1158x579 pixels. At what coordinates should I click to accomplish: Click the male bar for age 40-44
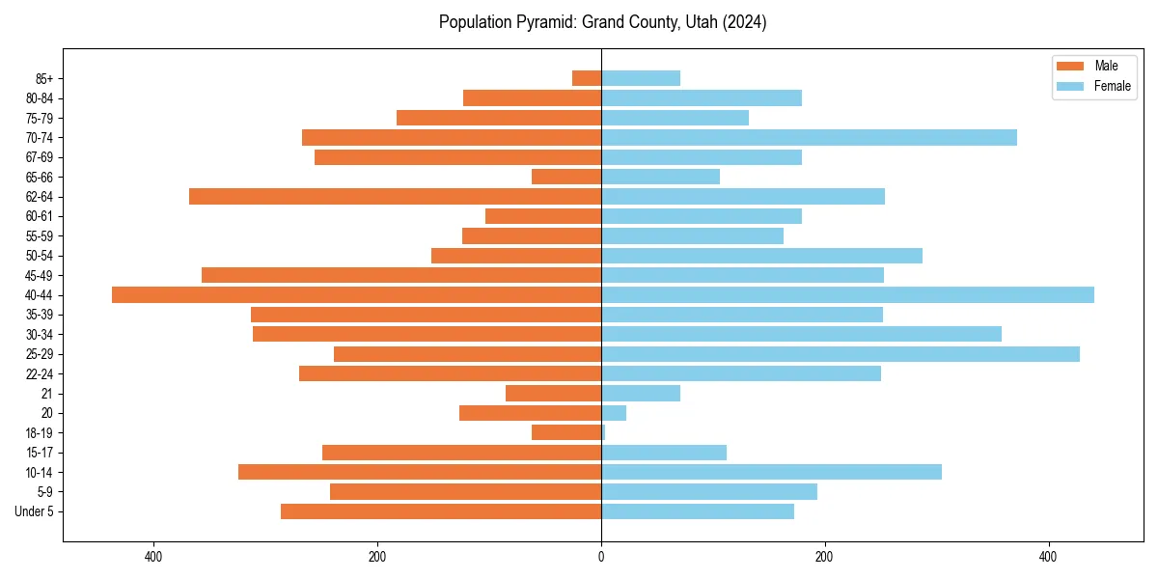(356, 295)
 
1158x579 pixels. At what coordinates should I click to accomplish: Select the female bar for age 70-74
(809, 138)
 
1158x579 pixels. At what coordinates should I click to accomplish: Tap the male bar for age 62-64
(395, 197)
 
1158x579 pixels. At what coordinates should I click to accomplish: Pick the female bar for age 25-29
(840, 354)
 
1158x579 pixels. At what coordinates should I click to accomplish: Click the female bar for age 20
(614, 413)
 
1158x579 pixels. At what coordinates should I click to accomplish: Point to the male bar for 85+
(587, 78)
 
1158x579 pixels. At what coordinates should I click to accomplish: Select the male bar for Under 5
(441, 511)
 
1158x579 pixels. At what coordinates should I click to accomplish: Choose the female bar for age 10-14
(771, 472)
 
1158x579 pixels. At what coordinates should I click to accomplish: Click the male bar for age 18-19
(566, 432)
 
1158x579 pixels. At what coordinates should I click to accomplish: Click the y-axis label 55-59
(40, 236)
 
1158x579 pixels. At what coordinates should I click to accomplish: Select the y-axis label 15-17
(40, 453)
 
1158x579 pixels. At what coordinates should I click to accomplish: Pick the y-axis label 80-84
(40, 98)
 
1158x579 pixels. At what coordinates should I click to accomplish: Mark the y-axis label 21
(47, 394)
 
